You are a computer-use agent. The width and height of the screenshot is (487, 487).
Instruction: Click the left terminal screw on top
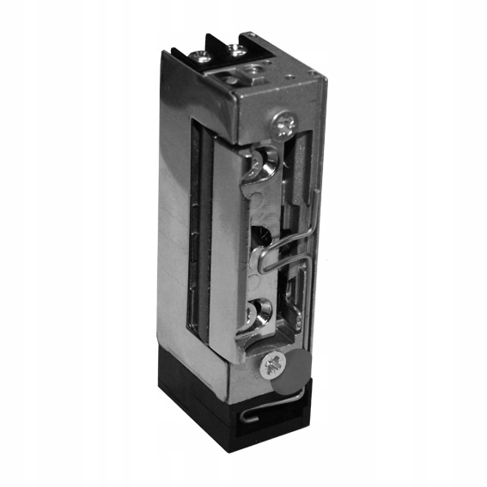tap(199, 58)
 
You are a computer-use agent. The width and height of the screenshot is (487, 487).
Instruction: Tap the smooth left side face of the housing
tap(175, 215)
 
